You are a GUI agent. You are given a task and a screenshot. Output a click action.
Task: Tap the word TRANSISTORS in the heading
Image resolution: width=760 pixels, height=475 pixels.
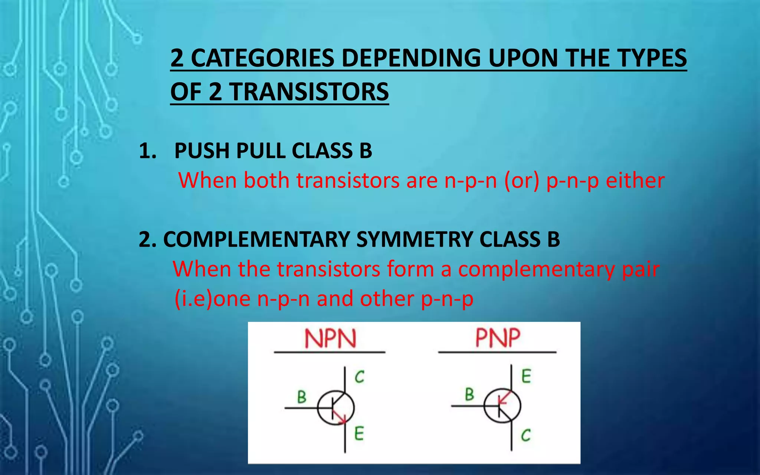(x=309, y=92)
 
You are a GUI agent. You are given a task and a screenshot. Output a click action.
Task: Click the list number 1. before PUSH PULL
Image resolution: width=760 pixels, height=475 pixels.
(x=147, y=151)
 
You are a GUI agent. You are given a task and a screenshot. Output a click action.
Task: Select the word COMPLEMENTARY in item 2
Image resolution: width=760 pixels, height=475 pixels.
(x=256, y=239)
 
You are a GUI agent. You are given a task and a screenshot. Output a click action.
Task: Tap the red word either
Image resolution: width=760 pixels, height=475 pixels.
(x=635, y=181)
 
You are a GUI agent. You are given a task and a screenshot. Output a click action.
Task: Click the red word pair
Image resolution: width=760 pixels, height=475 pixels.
(x=641, y=269)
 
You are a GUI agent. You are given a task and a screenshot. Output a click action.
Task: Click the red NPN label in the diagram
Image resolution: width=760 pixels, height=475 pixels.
(x=330, y=338)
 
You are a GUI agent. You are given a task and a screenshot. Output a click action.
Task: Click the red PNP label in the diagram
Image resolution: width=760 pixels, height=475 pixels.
(x=498, y=338)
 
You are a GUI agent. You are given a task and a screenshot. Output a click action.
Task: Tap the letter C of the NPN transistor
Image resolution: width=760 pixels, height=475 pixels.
(x=359, y=377)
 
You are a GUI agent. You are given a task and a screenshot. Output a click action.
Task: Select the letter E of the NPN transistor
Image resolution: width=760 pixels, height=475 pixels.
(x=359, y=433)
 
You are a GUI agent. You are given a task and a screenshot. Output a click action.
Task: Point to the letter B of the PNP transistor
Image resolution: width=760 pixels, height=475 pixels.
(x=469, y=394)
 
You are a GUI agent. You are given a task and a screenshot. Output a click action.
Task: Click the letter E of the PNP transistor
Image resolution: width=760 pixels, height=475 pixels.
(x=526, y=376)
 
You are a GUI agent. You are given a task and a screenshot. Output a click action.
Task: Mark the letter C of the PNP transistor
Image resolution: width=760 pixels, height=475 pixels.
(x=526, y=435)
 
